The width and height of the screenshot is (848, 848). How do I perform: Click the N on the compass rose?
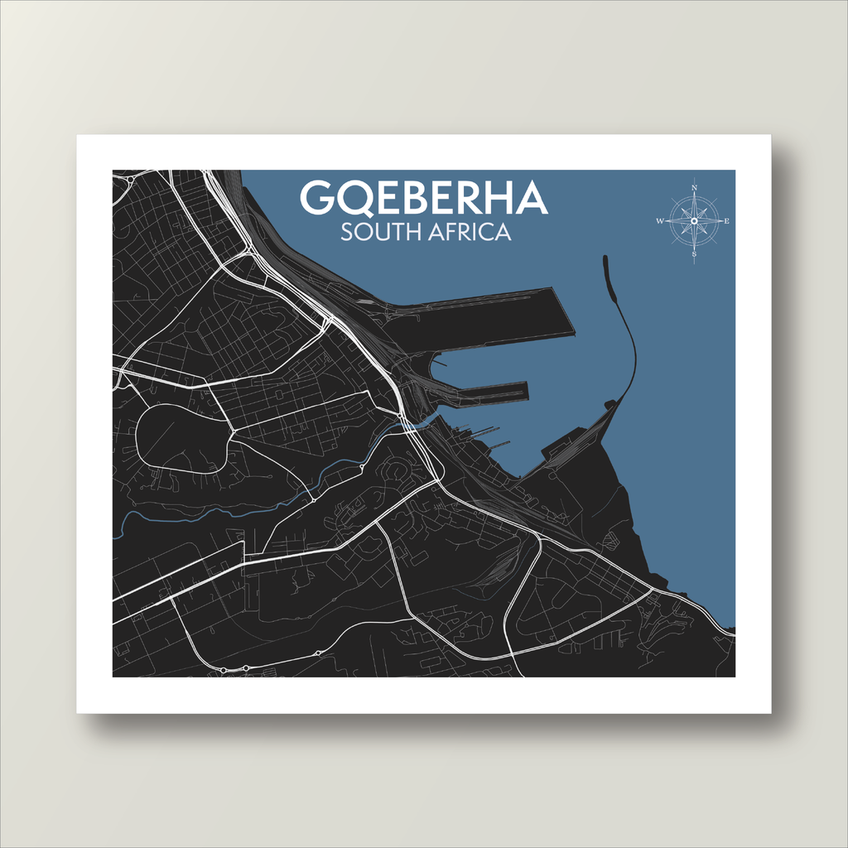click(x=694, y=188)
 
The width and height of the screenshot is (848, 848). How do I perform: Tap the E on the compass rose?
click(x=727, y=221)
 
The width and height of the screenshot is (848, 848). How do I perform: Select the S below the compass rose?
click(x=694, y=254)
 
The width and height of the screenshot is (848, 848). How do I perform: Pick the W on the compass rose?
click(x=660, y=221)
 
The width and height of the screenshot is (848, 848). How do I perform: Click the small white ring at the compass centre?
click(x=694, y=221)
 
